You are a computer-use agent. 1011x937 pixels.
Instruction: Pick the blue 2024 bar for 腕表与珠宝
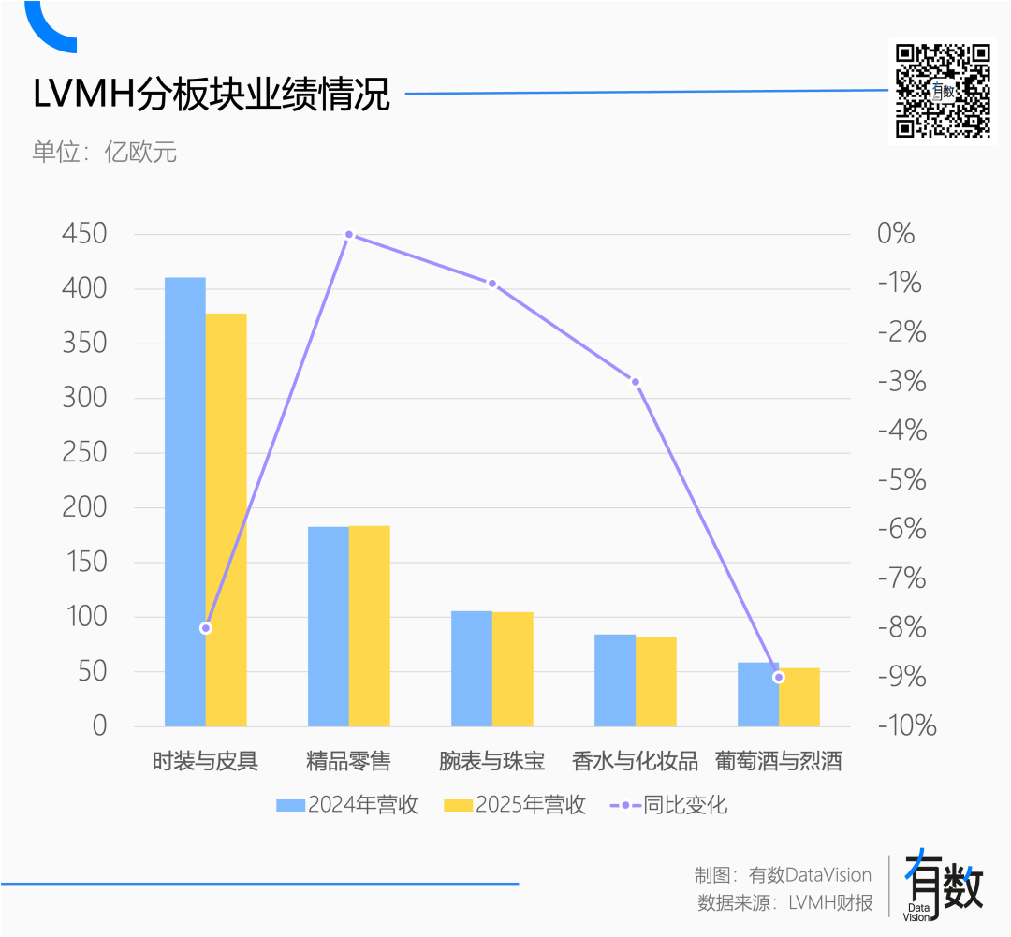tap(472, 668)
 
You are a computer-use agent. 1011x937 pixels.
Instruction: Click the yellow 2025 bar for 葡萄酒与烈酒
tap(799, 697)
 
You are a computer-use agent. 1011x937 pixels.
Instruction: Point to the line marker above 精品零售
tap(349, 235)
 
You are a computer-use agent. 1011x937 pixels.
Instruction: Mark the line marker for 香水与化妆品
tap(636, 382)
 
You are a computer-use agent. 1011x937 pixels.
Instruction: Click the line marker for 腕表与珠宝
tap(492, 284)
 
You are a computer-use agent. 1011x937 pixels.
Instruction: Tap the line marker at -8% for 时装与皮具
tap(206, 628)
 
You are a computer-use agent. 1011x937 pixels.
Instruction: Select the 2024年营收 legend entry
tap(347, 805)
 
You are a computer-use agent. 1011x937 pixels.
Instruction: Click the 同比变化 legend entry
tap(669, 805)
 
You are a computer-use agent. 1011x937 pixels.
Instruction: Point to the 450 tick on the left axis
tap(84, 234)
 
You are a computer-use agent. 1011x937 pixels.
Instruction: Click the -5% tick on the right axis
tap(901, 480)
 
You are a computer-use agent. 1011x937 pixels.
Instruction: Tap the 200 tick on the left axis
tap(84, 507)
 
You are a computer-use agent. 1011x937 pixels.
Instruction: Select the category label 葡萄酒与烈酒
tap(778, 761)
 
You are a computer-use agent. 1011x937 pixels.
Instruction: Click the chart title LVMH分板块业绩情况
tap(212, 95)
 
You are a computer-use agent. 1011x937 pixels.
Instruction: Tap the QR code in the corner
tap(943, 91)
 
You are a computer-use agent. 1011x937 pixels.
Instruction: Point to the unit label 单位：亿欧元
tap(105, 152)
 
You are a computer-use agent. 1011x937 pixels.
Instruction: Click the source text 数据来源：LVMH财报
tap(784, 903)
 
